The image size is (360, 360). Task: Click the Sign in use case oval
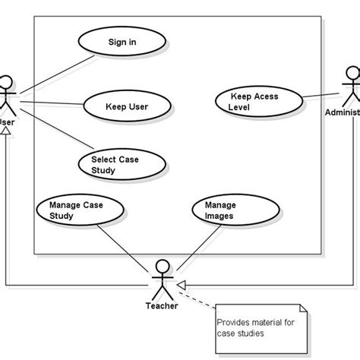[122, 43]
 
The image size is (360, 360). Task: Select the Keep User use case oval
[126, 106]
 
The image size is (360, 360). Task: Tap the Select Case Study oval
[120, 165]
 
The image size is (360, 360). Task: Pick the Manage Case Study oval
[76, 210]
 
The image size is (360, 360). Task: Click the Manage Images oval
[219, 210]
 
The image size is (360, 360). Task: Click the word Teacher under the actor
[161, 306]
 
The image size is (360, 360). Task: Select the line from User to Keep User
[50, 103]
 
